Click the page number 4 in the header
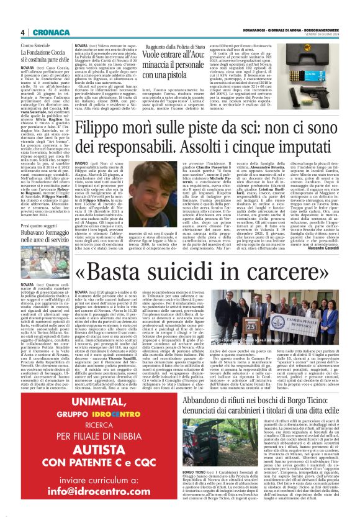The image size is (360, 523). tap(22, 32)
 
